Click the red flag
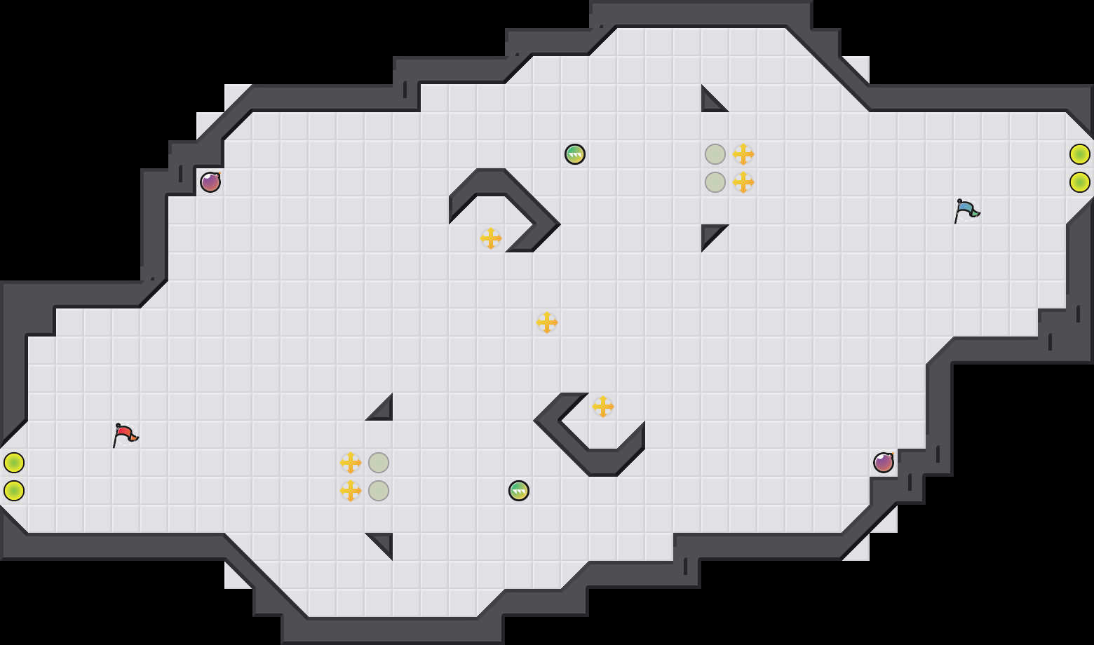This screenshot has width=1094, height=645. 125,435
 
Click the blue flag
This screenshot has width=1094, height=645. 966,210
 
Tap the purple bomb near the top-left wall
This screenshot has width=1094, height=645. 210,182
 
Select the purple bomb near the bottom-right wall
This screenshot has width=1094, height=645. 884,463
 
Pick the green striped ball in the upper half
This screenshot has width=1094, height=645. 575,154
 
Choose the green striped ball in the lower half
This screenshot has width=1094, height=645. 519,491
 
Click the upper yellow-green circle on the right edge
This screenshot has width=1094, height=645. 1080,154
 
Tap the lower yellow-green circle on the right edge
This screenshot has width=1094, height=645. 1080,182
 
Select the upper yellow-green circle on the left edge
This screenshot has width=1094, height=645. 14,463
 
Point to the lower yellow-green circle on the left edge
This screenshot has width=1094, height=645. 14,491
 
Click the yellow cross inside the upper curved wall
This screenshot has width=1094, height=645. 491,238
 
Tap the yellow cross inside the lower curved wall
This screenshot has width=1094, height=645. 603,407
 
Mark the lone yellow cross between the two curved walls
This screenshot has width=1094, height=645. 547,322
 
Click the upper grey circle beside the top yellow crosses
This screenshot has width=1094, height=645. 715,154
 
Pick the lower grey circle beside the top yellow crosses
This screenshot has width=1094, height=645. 715,182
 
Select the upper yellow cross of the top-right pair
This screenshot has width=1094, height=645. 743,154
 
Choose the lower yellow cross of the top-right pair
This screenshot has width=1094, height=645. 743,182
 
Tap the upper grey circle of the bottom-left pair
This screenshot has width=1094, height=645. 379,463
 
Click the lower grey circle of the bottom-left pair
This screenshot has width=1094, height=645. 379,491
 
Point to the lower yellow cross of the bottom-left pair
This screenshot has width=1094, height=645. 351,491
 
